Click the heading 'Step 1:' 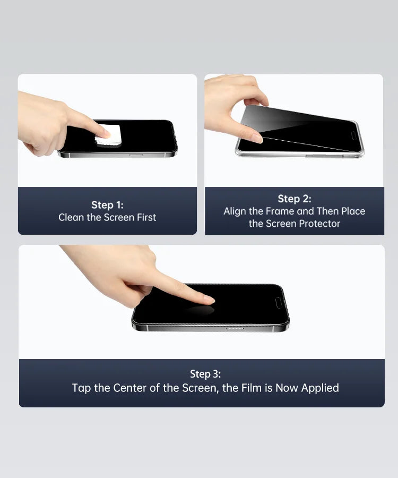click(x=108, y=205)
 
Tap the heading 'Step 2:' click(x=295, y=199)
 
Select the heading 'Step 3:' click(x=205, y=374)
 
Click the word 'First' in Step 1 click(x=146, y=217)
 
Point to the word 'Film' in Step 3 click(x=252, y=388)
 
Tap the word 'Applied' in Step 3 click(x=320, y=388)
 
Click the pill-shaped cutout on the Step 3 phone click(x=279, y=303)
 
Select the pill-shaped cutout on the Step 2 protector click(x=353, y=135)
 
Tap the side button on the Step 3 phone click(x=235, y=329)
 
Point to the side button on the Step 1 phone click(x=136, y=155)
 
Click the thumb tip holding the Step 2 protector click(x=255, y=138)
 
